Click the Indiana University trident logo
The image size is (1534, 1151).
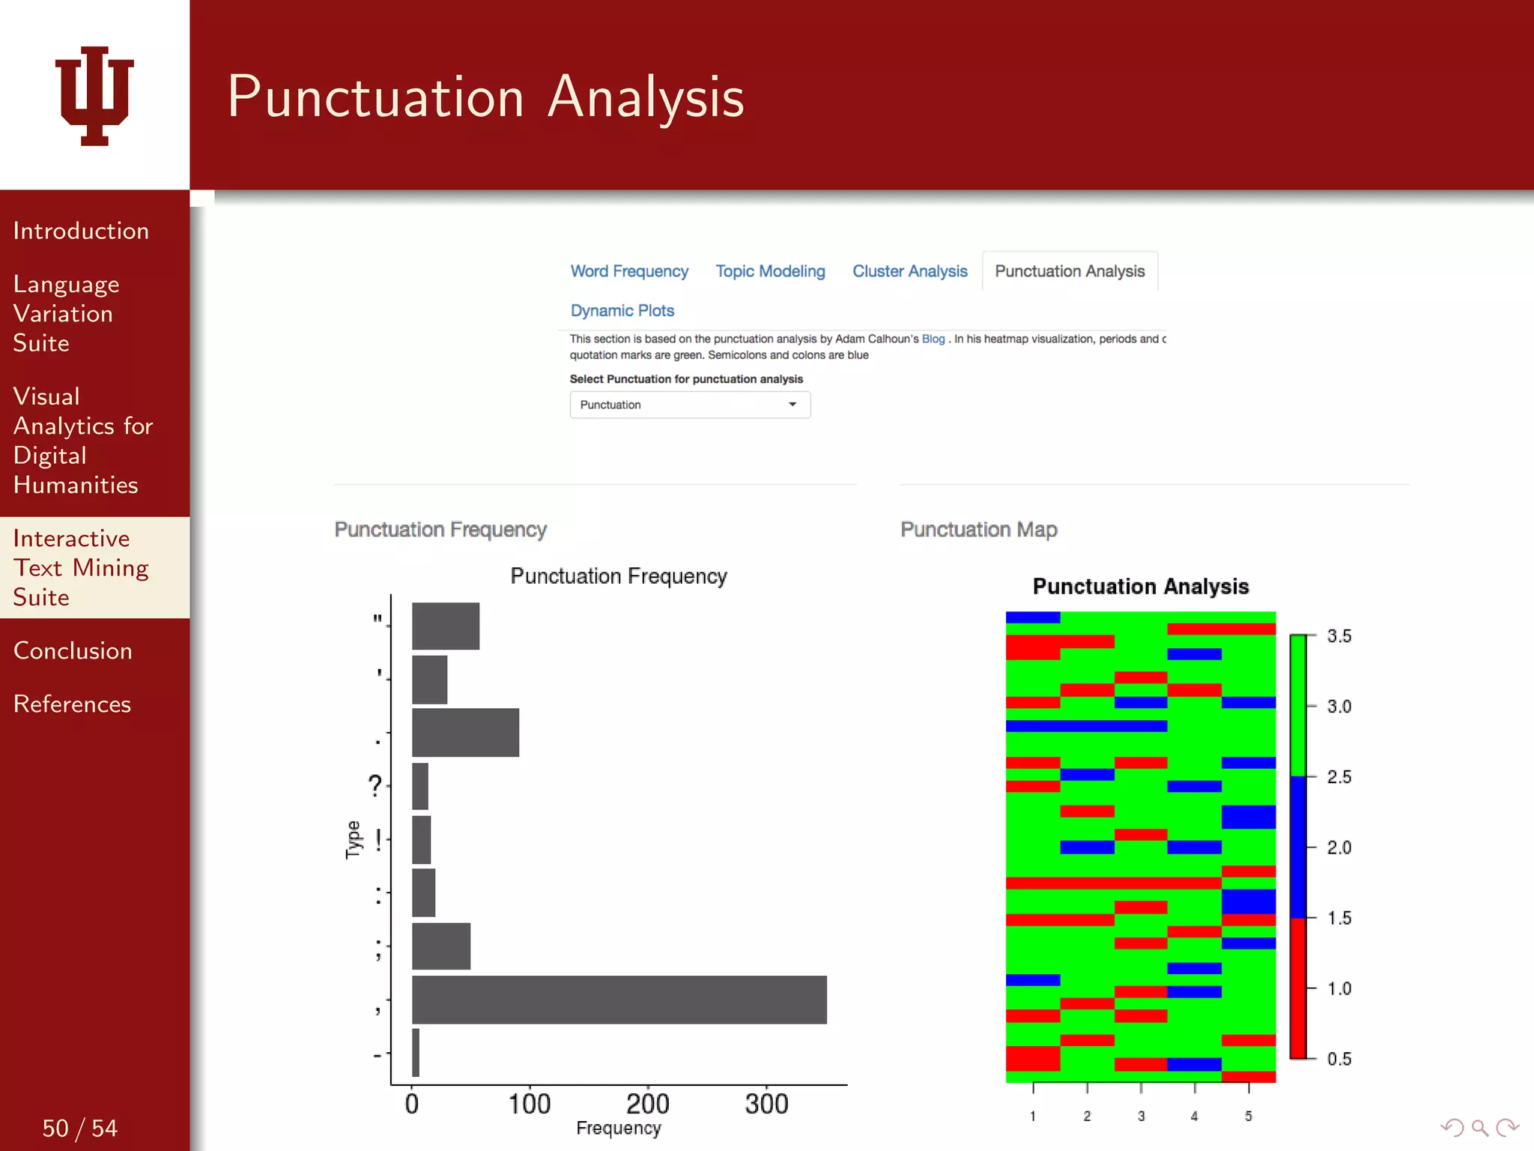click(94, 96)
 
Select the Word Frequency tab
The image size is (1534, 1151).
click(629, 271)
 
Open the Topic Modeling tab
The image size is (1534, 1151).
click(770, 271)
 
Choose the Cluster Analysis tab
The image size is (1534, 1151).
click(909, 271)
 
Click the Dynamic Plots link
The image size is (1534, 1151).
click(622, 310)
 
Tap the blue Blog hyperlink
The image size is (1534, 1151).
click(933, 339)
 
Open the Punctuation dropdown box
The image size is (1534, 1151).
click(689, 405)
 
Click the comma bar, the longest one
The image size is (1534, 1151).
click(619, 1000)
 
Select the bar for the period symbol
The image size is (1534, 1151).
click(465, 732)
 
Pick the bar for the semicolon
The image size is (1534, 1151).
click(441, 946)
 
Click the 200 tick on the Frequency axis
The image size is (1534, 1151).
click(647, 1104)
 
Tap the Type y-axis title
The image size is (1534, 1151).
click(353, 839)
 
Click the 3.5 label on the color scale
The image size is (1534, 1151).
click(1339, 636)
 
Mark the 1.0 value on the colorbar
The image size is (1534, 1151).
click(1339, 988)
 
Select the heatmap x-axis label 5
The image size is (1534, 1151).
click(1248, 1116)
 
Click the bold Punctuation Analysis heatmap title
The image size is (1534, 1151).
click(1140, 586)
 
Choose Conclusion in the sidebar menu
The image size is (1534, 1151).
click(73, 650)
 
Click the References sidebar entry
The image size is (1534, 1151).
click(72, 704)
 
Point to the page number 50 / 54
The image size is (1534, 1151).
click(79, 1128)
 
